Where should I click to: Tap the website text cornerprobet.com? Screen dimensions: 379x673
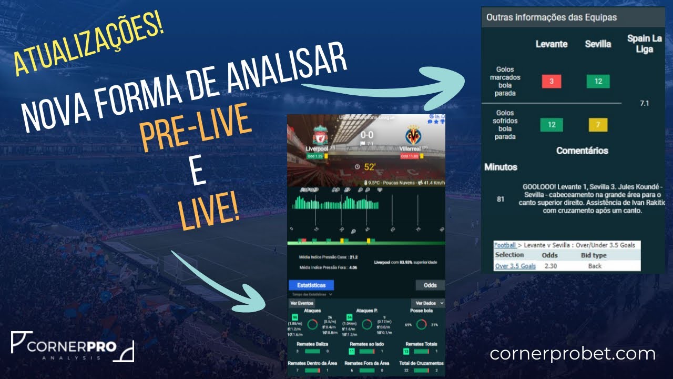pyautogui.click(x=573, y=354)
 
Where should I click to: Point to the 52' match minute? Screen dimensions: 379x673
pyautogui.click(x=369, y=167)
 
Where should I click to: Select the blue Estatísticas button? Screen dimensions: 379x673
pyautogui.click(x=311, y=285)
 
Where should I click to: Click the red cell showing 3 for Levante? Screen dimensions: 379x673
pyautogui.click(x=552, y=82)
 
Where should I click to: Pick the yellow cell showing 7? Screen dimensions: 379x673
pyautogui.click(x=598, y=125)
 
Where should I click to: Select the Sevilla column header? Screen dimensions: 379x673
pyautogui.click(x=598, y=44)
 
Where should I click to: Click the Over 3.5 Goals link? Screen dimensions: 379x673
pyautogui.click(x=515, y=266)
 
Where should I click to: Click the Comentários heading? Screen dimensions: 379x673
pyautogui.click(x=582, y=151)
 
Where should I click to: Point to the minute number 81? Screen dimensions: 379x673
pyautogui.click(x=501, y=199)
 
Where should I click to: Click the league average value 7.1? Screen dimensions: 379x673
pyautogui.click(x=644, y=103)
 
